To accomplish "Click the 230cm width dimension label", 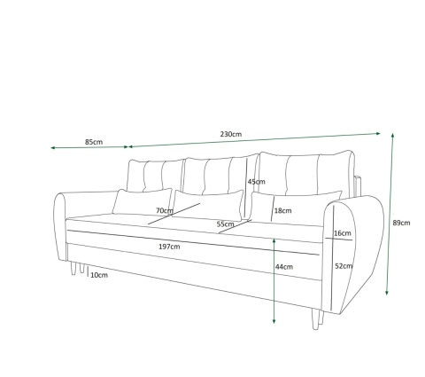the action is (231, 134).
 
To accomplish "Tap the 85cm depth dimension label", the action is (94, 142).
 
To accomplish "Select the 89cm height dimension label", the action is (401, 223).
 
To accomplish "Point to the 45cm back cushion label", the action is (257, 182).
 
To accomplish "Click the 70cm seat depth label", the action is (165, 210).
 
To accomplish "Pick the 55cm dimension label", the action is (226, 224).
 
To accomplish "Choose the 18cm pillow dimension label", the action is (283, 210).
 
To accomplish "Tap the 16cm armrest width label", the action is (343, 233).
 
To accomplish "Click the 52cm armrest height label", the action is (344, 266).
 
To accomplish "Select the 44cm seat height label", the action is (284, 267).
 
